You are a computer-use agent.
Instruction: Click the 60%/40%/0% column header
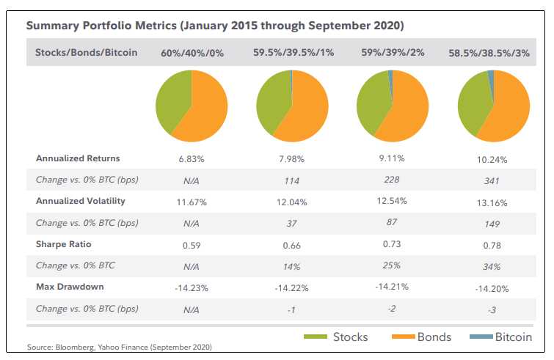[191, 53]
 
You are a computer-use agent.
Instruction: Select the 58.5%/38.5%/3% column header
[490, 53]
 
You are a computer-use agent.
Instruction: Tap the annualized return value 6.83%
[191, 158]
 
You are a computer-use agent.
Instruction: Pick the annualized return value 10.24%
[490, 160]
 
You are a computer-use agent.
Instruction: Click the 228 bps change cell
[390, 180]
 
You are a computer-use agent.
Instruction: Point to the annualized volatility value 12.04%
[291, 202]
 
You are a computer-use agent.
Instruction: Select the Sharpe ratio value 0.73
[390, 244]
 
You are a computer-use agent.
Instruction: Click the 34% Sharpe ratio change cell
[490, 267]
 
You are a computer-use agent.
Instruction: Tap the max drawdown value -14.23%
[191, 287]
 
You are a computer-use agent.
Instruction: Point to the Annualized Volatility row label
[81, 200]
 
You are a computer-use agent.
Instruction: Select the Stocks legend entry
[350, 337]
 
